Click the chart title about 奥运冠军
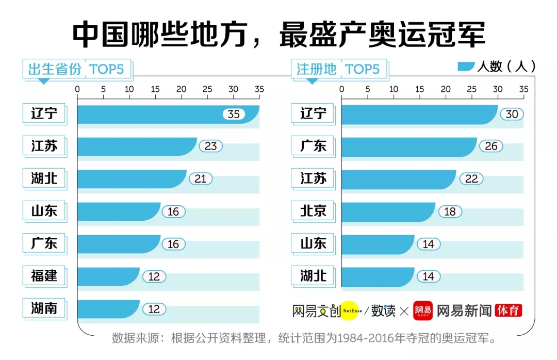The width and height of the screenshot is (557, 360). click(278, 35)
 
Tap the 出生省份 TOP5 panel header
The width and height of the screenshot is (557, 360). click(76, 69)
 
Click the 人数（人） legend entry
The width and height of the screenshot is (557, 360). click(496, 67)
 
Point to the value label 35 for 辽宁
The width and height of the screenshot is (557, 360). click(234, 114)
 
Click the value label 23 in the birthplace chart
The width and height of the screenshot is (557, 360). click(211, 146)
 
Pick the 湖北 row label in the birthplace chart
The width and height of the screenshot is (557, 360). click(44, 178)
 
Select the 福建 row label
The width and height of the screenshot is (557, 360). click(44, 276)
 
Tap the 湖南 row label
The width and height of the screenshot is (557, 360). click(44, 308)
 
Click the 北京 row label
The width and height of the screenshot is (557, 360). click(313, 211)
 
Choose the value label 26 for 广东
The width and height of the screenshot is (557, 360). click(491, 146)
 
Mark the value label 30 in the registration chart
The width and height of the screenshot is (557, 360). click(512, 114)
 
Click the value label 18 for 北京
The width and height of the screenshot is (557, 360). click(450, 211)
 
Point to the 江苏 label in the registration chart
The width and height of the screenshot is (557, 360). click(313, 178)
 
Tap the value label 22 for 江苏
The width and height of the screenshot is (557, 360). click(471, 179)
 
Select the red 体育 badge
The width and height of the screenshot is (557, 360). click(508, 310)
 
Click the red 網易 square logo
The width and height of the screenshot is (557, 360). click(422, 310)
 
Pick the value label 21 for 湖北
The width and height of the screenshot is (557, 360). click(200, 179)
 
